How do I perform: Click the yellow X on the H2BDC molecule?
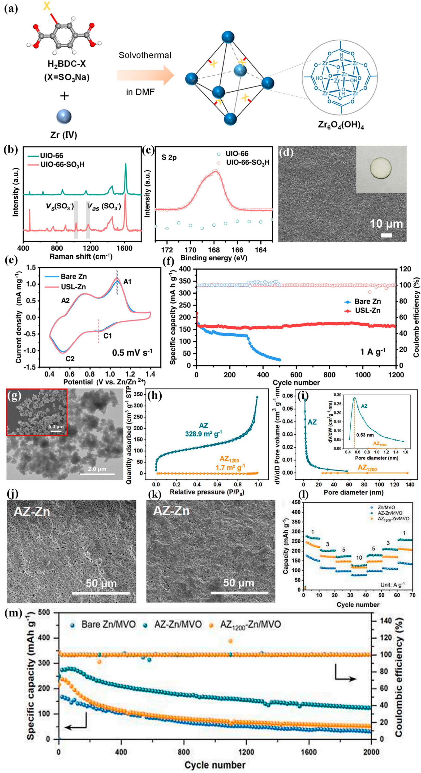pos(47,6)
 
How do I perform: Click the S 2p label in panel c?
pos(169,157)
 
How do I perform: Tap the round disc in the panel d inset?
pos(381,168)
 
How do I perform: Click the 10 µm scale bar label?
pos(386,224)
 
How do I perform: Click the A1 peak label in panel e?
pos(127,282)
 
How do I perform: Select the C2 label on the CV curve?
pos(70,358)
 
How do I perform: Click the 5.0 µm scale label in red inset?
pos(56,427)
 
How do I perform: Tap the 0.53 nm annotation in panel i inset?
pos(365,435)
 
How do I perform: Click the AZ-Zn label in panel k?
pos(171,511)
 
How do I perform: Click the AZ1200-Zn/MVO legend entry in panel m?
pos(250,625)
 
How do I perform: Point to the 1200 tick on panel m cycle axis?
pos(246,750)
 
